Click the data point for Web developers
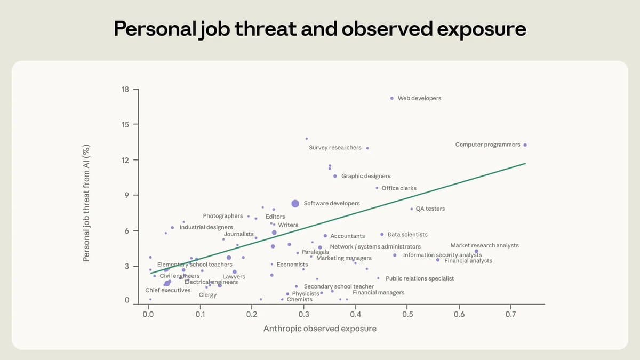[392, 98]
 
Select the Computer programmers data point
[525, 145]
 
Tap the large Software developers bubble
[295, 203]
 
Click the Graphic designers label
[366, 176]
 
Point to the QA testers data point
[412, 209]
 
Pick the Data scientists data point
[382, 234]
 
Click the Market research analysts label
[484, 246]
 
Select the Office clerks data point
[377, 188]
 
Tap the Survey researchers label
[335, 148]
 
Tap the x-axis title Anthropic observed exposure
[319, 329]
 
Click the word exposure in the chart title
[482, 29]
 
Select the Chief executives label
[167, 290]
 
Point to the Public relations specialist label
[420, 278]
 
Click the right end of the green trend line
[525, 163]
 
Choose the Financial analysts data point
[438, 260]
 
